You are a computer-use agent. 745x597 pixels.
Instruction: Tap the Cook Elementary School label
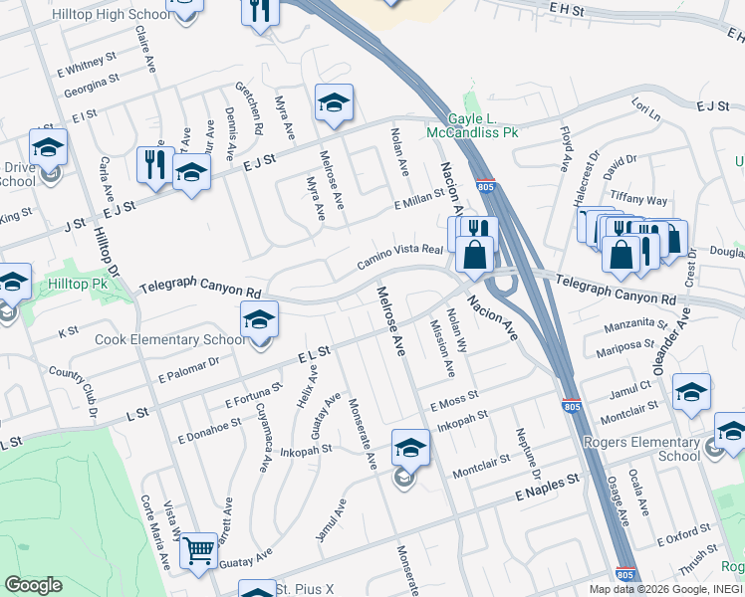pos(169,339)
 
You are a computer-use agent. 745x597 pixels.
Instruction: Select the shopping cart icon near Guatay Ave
pos(199,549)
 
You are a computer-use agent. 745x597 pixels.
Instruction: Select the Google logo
pos(33,585)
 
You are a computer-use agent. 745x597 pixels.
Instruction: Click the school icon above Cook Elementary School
pos(259,320)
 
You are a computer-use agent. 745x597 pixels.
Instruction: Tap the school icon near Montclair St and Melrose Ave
pos(409,449)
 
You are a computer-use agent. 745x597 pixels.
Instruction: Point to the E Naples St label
pos(547,488)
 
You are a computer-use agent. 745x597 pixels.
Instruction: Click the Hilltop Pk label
pos(74,284)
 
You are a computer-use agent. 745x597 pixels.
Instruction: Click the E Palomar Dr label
pos(187,372)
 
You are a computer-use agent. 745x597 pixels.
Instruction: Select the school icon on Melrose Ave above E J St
pos(335,103)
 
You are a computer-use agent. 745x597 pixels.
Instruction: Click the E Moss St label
pos(454,401)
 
